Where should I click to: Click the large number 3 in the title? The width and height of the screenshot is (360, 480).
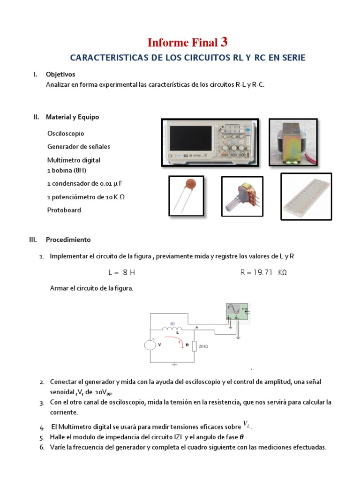tap(224, 42)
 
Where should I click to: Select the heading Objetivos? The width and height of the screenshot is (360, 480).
tap(60, 74)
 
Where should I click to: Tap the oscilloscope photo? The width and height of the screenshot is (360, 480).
tap(210, 142)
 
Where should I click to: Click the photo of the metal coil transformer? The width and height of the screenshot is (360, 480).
tap(293, 142)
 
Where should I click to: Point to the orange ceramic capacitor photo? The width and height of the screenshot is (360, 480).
tap(186, 196)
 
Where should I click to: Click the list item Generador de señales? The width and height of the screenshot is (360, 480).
tap(79, 147)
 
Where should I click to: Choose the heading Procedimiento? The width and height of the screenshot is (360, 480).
tap(68, 240)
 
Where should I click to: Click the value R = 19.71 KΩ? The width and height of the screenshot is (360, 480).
tap(263, 272)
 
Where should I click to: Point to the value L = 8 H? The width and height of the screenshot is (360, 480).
tap(121, 272)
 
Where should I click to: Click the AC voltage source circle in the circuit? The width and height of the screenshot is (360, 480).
tap(150, 345)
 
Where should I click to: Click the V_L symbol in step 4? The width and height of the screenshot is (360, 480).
tap(246, 425)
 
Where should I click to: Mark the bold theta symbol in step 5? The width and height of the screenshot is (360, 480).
tap(242, 437)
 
